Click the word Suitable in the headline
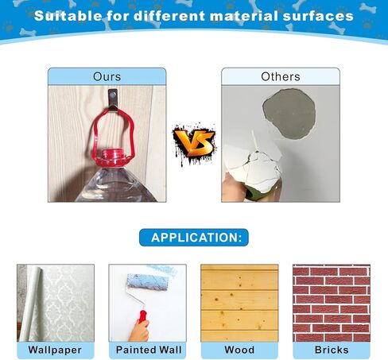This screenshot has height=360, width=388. click(x=68, y=16)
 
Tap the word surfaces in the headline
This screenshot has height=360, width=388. click(x=318, y=16)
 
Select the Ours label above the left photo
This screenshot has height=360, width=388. click(x=107, y=76)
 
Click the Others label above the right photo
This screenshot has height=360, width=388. click(x=281, y=76)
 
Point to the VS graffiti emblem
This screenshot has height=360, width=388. click(x=194, y=144)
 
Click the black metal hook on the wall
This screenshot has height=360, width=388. click(x=113, y=99)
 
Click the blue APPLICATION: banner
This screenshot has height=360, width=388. click(x=194, y=238)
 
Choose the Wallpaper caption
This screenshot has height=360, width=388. click(x=55, y=350)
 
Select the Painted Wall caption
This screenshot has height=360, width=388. click(x=149, y=350)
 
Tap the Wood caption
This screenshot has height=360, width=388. click(x=239, y=350)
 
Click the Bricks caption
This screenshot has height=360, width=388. click(x=332, y=350)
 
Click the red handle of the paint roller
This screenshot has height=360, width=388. click(x=142, y=316)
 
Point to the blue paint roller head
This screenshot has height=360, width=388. click(x=147, y=283)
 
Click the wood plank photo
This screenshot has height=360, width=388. click(x=239, y=303)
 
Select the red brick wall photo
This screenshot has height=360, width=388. click(x=332, y=303)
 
